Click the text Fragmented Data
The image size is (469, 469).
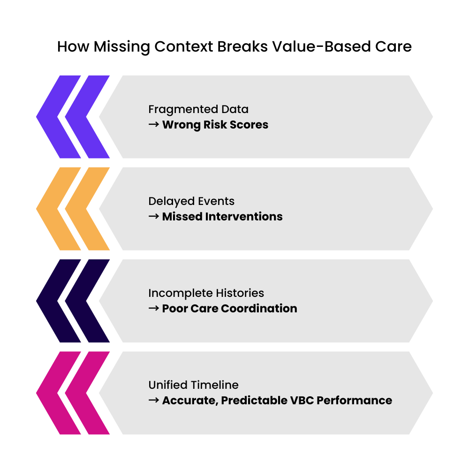198,109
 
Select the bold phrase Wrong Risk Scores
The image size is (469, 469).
215,125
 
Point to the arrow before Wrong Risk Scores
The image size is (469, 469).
154,125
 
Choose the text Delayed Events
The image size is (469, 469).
191,201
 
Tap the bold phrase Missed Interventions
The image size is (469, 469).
222,217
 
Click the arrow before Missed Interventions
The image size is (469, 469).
154,217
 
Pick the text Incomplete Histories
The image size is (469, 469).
206,293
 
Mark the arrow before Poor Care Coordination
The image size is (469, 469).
154,309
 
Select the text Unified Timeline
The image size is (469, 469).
193,385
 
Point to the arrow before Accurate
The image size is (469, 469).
154,401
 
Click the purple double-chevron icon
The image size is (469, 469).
73,117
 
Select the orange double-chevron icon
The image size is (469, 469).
73,209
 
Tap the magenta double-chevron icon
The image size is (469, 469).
73,393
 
